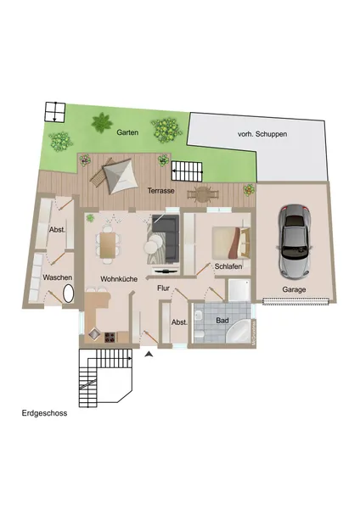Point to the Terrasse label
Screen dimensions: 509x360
pyautogui.click(x=160, y=191)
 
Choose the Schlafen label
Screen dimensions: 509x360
pyautogui.click(x=228, y=266)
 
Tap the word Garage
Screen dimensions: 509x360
pyautogui.click(x=295, y=289)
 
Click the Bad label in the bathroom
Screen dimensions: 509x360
pyautogui.click(x=222, y=321)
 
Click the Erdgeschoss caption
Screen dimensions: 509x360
pyautogui.click(x=44, y=414)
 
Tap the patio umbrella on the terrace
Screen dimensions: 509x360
pyautogui.click(x=117, y=176)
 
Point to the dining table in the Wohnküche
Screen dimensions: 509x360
pyautogui.click(x=108, y=245)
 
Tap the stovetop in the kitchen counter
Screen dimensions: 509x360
pyautogui.click(x=110, y=337)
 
